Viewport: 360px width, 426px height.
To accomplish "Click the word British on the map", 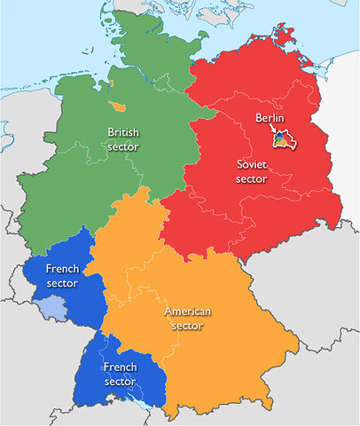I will tap(123, 132).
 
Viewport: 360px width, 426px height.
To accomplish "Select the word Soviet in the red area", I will tap(251, 164).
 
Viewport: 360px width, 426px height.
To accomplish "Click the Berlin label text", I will tap(269, 118).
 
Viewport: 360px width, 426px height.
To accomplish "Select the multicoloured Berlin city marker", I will tap(280, 140).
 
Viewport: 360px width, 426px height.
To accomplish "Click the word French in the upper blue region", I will tap(63, 270).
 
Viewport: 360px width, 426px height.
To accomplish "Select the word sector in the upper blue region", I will tap(63, 284).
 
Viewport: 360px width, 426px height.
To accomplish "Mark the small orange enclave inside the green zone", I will tap(116, 106).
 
